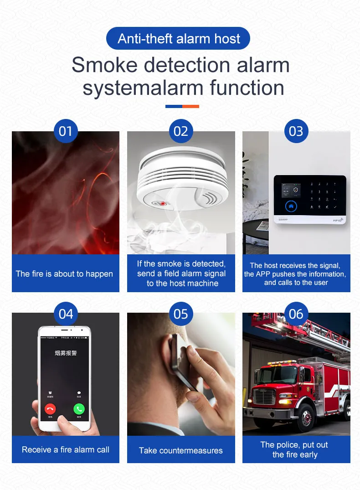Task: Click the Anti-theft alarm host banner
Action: pyautogui.click(x=178, y=38)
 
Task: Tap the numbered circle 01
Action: pyautogui.click(x=66, y=131)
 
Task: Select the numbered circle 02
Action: pyautogui.click(x=181, y=131)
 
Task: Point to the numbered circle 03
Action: pyautogui.click(x=296, y=131)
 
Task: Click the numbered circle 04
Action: pyautogui.click(x=66, y=314)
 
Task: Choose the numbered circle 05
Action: pyautogui.click(x=181, y=314)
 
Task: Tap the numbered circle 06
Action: pyautogui.click(x=296, y=314)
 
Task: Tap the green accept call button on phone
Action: pyautogui.click(x=79, y=408)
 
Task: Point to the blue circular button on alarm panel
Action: pyautogui.click(x=291, y=206)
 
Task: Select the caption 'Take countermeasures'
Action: pyautogui.click(x=181, y=450)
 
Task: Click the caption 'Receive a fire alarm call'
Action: pyautogui.click(x=66, y=449)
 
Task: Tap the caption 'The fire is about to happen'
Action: pyautogui.click(x=64, y=273)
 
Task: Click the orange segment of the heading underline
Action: pyautogui.click(x=190, y=106)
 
